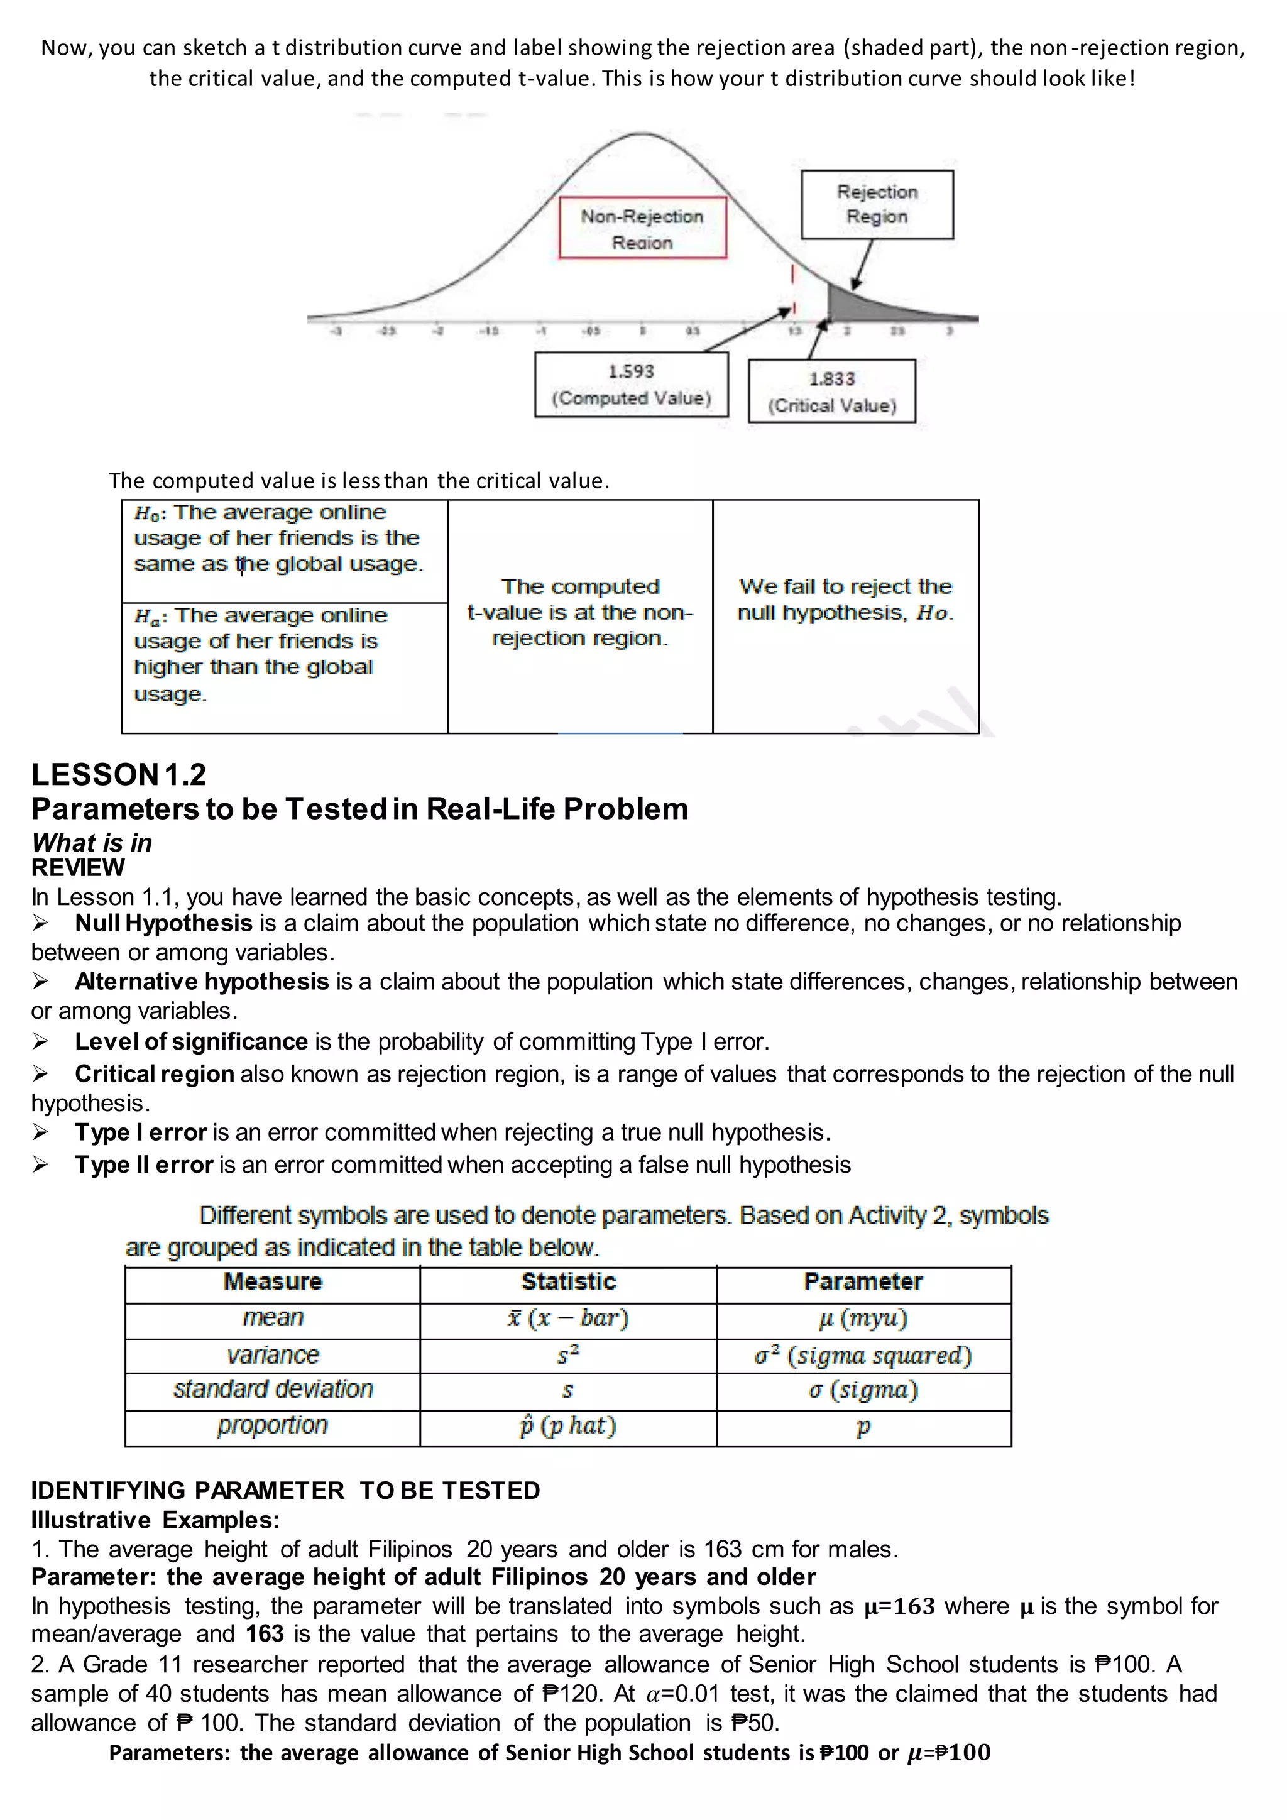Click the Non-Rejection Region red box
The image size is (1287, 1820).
[642, 228]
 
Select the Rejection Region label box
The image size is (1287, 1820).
[877, 204]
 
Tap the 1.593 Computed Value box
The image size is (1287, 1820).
[631, 385]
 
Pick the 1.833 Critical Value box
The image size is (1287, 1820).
[831, 392]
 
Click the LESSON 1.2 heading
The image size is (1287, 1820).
[119, 774]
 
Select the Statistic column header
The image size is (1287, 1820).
[568, 1282]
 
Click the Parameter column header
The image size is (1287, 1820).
[863, 1282]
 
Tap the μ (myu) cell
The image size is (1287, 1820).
[863, 1318]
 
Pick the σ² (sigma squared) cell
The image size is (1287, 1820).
[863, 1356]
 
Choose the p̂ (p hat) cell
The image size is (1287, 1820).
[568, 1426]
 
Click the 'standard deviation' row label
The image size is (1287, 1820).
[273, 1390]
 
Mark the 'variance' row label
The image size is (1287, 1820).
[273, 1356]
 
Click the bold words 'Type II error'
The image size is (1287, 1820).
[145, 1165]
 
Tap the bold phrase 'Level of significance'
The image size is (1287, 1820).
[191, 1041]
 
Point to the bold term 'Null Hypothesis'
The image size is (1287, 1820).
[163, 923]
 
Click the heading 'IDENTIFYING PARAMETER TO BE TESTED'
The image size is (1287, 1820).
[285, 1491]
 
